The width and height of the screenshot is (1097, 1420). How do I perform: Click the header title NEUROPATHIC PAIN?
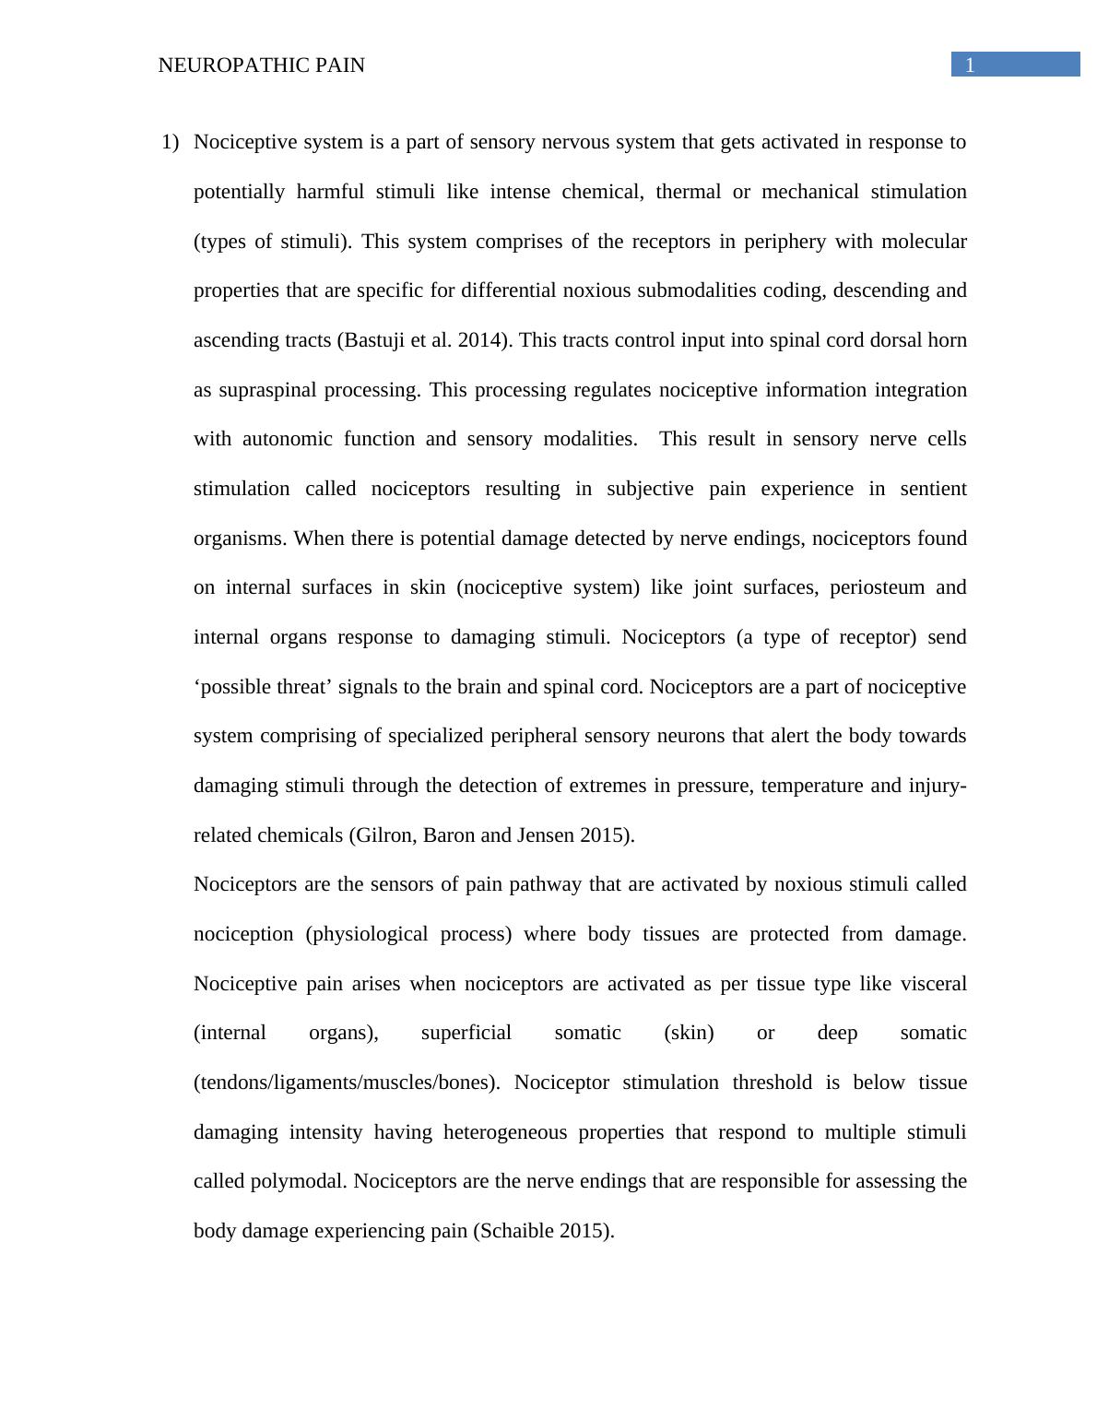(x=262, y=65)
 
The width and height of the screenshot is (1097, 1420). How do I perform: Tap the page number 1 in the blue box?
(x=970, y=65)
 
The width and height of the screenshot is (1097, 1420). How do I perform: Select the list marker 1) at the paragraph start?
(x=170, y=142)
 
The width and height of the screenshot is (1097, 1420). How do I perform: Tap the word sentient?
(x=933, y=489)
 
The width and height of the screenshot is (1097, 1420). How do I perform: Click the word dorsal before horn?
(x=897, y=340)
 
